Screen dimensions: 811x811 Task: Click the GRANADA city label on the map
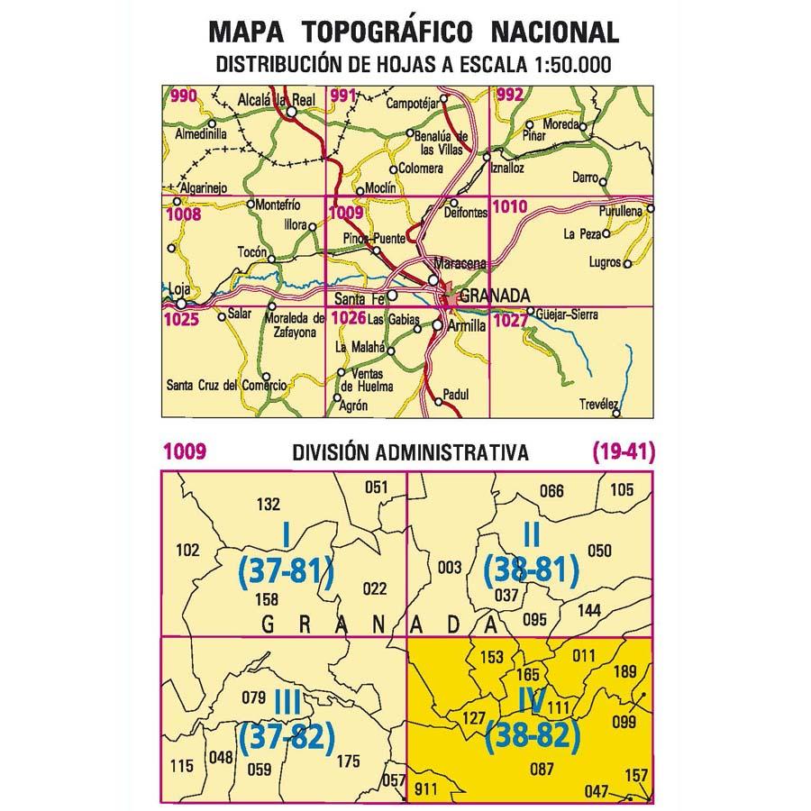[x=493, y=296]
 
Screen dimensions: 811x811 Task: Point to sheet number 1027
[x=509, y=317]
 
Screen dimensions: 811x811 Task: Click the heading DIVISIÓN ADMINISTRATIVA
[x=410, y=453]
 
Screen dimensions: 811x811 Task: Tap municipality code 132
[x=269, y=505]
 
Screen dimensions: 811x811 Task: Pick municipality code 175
[x=347, y=762]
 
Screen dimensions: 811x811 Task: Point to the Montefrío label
[x=278, y=205]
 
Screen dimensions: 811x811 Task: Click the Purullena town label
[x=619, y=210]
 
